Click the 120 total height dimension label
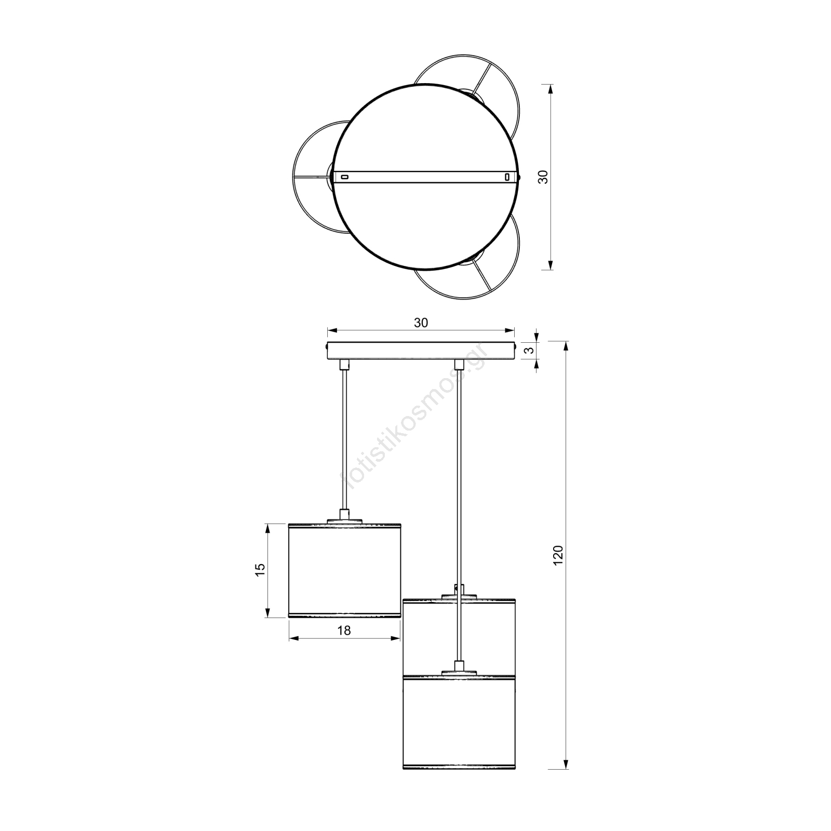558,555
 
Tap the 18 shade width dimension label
344,630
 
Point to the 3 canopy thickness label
529,350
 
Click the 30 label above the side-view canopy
421,323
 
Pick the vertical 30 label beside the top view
543,177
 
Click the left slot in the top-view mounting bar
344,177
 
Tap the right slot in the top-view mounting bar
507,177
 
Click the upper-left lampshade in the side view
345,570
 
